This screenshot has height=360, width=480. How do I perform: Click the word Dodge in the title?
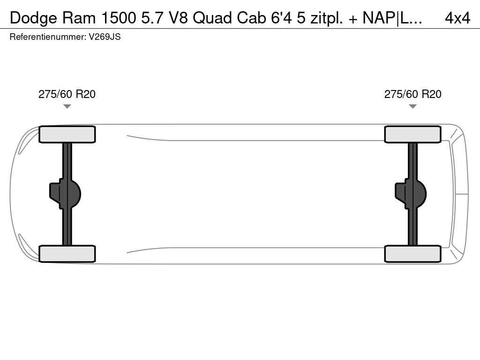tap(29, 18)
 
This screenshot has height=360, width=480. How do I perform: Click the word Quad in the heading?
tap(211, 18)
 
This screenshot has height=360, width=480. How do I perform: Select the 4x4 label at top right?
tap(457, 18)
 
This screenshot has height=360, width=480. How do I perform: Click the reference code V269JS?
tap(105, 37)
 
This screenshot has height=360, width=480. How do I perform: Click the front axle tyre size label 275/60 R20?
tap(67, 94)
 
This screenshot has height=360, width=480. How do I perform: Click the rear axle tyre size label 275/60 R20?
tap(412, 94)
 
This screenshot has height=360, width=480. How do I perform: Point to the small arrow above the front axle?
tap(67, 106)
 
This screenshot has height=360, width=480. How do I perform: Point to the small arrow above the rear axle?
tap(412, 106)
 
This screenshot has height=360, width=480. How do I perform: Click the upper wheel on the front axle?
tap(67, 135)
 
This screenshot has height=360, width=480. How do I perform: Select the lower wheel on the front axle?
tap(67, 254)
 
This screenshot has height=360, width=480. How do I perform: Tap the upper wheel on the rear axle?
tap(412, 135)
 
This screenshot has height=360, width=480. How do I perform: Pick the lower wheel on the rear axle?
tap(412, 254)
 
